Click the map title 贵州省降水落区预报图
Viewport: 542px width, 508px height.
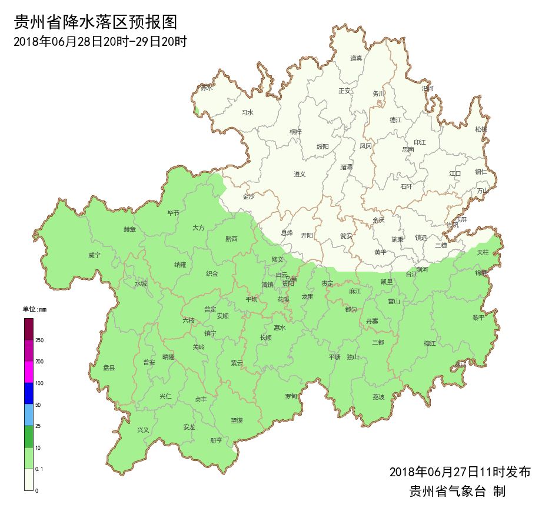(x=95, y=22)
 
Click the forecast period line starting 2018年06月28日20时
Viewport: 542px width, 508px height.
(x=99, y=42)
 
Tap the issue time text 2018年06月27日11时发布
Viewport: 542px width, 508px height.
(x=460, y=472)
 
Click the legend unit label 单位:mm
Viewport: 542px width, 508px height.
(x=34, y=309)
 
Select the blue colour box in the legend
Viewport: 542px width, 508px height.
(x=29, y=393)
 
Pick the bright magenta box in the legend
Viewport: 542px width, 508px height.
(x=29, y=372)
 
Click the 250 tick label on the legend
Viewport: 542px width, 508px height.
(x=40, y=340)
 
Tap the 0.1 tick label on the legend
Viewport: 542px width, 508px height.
(x=40, y=469)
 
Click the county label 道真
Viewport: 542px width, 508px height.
(x=356, y=58)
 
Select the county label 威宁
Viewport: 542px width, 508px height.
(x=94, y=256)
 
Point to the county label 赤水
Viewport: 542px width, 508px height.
(x=206, y=88)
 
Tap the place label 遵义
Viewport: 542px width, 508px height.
(x=300, y=174)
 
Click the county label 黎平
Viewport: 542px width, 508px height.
(x=478, y=317)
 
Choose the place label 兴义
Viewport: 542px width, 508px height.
(x=143, y=430)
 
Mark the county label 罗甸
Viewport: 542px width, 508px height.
(x=291, y=397)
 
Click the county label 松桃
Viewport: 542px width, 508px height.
(x=481, y=129)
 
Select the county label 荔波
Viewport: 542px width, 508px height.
(x=378, y=397)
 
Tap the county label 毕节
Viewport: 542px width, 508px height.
(x=173, y=213)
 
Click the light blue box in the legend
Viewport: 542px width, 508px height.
(x=29, y=415)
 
